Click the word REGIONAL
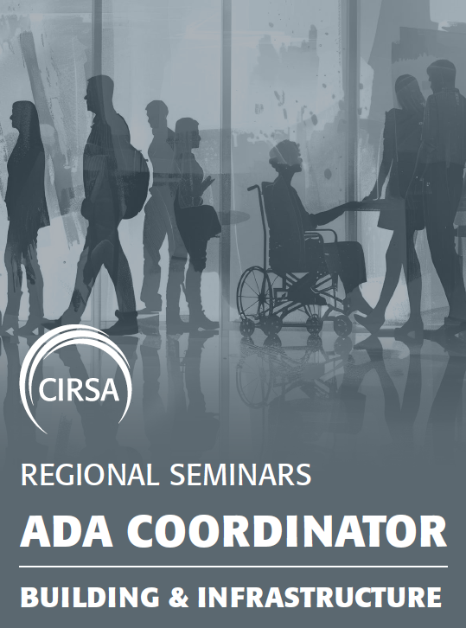pos(87,474)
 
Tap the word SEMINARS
pos(240,474)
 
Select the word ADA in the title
pos(67,532)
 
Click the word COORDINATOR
pos(287,532)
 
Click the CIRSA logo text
pos(80,390)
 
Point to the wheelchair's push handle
pos(252,188)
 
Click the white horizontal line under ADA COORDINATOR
pos(233,567)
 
